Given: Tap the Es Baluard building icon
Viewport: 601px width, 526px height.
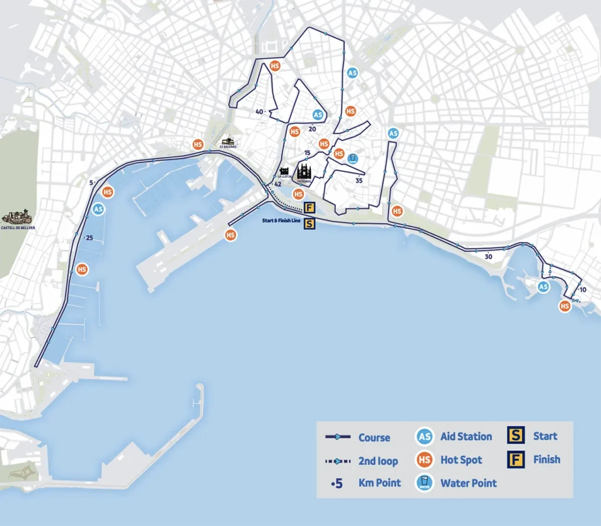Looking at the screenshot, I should click(x=228, y=142).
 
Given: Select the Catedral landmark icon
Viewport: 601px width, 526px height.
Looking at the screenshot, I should click(x=304, y=171).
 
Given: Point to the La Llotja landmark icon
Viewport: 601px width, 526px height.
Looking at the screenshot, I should click(x=284, y=173).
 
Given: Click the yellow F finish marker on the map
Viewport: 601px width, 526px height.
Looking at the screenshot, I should click(x=310, y=208).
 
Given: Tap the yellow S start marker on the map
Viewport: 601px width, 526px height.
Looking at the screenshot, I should click(x=310, y=223).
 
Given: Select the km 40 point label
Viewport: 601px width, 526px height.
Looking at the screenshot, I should click(x=260, y=112).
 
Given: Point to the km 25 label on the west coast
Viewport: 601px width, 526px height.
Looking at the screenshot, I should click(x=89, y=238).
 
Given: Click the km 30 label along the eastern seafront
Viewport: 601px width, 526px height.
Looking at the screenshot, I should click(x=488, y=257).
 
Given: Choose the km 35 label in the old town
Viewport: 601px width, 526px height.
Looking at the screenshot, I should click(x=359, y=181).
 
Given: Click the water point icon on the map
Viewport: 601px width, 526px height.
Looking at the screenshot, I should click(x=353, y=159).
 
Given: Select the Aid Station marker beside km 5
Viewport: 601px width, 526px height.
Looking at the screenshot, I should click(x=99, y=208).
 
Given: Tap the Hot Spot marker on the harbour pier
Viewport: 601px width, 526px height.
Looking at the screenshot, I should click(x=231, y=235).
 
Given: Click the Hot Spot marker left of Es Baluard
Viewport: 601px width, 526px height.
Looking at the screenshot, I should click(x=198, y=144).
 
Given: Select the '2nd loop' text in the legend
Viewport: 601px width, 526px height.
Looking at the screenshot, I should click(x=378, y=461).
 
